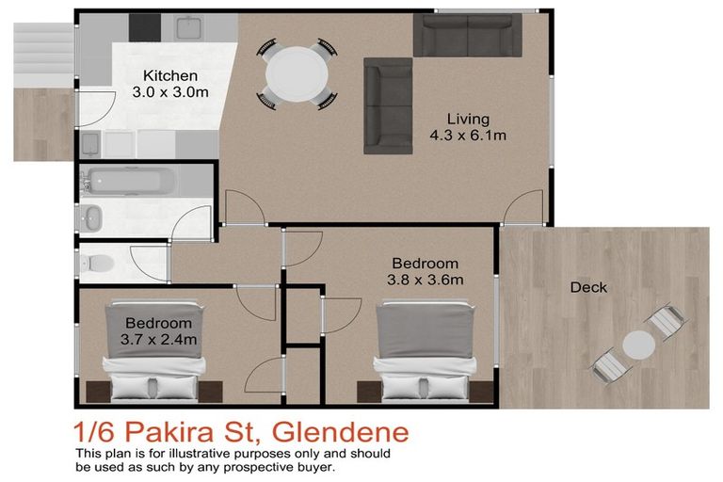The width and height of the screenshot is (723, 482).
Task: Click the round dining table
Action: click(x=297, y=71)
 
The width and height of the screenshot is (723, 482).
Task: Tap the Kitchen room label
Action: click(x=170, y=75)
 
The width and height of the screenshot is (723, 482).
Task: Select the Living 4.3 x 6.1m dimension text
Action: click(x=468, y=136)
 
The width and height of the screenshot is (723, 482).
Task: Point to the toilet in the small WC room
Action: click(x=97, y=261)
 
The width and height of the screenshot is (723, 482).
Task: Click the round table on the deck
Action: click(x=638, y=345)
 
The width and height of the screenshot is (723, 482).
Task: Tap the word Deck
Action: click(x=588, y=287)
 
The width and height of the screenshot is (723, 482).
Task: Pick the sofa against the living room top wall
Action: click(x=467, y=35)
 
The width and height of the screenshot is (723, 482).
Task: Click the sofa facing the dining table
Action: click(x=388, y=105)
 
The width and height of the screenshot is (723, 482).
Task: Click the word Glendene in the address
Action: click(x=341, y=434)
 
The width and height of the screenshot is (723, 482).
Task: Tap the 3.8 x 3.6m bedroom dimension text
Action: click(x=425, y=280)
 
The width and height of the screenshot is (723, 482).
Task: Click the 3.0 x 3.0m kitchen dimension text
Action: click(x=170, y=92)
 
